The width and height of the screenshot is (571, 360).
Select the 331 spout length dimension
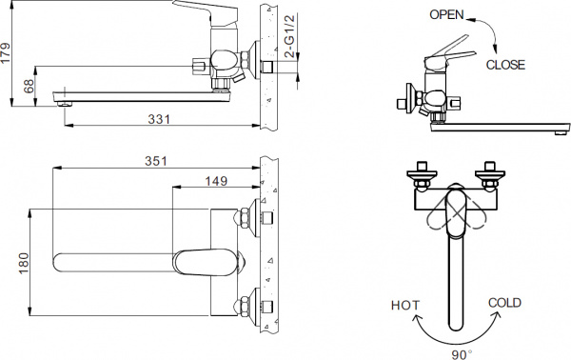coord(159,119)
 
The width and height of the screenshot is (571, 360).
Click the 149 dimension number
coord(216,179)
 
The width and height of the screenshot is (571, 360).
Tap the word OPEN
coord(448,14)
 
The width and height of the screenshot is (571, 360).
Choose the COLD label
coord(504,303)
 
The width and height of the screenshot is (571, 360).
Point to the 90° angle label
coord(463,353)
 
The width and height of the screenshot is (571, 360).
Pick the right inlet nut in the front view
coord(493,175)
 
